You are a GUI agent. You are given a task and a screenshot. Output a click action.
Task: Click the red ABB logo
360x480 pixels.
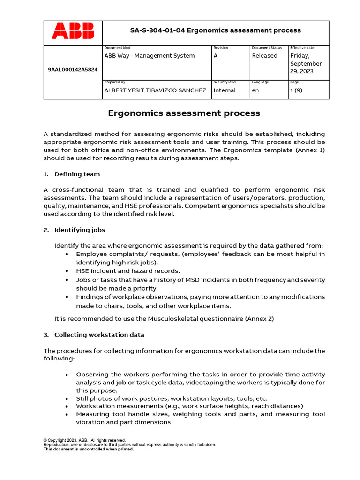[73, 31]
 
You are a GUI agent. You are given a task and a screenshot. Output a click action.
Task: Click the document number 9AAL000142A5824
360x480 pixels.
[73, 69]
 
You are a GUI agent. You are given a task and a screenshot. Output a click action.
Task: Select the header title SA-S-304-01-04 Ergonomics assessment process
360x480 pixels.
[215, 30]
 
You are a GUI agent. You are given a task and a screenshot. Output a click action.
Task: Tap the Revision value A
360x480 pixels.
[216, 56]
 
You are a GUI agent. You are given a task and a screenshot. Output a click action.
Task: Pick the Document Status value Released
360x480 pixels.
[264, 56]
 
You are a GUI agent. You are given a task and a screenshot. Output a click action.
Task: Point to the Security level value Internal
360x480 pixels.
[225, 90]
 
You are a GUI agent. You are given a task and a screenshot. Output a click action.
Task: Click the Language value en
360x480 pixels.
[255, 90]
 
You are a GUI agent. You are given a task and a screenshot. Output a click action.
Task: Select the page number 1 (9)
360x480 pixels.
[296, 90]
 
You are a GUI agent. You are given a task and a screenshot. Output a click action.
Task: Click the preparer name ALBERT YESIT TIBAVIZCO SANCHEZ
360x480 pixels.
[155, 90]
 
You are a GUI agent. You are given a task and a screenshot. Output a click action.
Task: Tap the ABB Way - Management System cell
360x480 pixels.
[149, 56]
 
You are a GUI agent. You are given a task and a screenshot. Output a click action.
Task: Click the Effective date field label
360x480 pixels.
[302, 48]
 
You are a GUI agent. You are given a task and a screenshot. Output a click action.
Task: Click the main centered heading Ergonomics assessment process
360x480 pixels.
[184, 113]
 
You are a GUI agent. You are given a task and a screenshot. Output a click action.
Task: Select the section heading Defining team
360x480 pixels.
[77, 174]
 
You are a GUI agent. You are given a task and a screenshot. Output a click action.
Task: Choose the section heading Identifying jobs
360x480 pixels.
[80, 230]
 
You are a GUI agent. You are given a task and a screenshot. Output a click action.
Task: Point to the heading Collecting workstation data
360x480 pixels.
[99, 335]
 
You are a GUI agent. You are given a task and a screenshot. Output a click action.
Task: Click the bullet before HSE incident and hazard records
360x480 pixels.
[67, 271]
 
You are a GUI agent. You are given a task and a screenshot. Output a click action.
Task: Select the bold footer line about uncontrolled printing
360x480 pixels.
[89, 449]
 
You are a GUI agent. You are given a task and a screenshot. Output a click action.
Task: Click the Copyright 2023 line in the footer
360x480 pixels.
[84, 440]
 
